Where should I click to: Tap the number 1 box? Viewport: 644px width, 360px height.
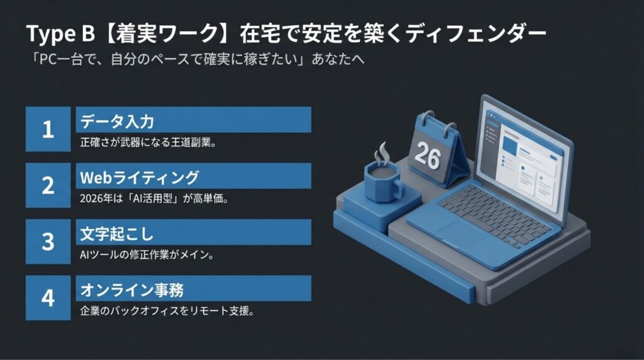point(48,129)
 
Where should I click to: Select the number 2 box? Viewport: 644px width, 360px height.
point(48,185)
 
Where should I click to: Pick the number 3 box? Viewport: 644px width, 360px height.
point(48,241)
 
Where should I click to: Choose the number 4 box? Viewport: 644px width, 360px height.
point(48,298)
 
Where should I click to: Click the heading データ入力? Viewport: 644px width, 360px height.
point(117,121)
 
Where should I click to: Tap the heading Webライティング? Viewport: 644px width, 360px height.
point(140,177)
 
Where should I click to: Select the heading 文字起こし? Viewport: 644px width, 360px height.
point(116,234)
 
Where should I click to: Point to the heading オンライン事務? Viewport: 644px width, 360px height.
point(132,290)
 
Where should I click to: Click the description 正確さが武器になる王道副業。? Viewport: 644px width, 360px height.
point(148,143)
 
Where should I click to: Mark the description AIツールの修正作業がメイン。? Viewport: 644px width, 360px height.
point(147,255)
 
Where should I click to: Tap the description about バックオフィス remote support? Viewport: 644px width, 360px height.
point(167,311)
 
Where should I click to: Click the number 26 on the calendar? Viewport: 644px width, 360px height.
point(428,156)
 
